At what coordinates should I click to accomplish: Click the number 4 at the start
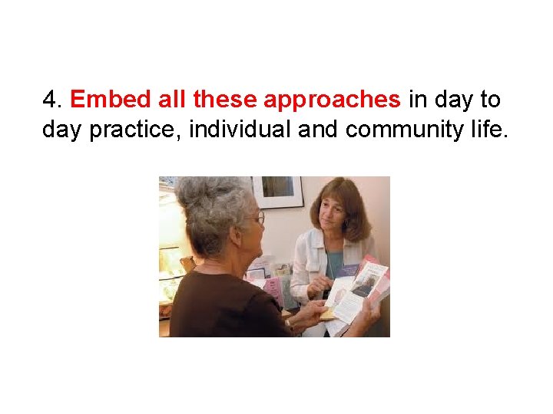pyautogui.click(x=50, y=100)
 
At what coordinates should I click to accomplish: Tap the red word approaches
pyautogui.click(x=332, y=100)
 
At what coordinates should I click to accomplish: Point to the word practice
pyautogui.click(x=135, y=130)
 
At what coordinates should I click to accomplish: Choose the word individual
pyautogui.click(x=239, y=130)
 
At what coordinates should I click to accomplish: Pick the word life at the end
pyautogui.click(x=488, y=130)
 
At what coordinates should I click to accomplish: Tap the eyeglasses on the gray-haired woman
pyautogui.click(x=258, y=219)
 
